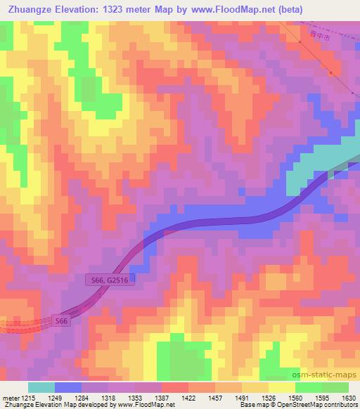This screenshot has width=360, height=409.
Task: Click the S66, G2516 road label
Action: [108, 280]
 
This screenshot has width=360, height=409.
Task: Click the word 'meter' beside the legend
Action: [9, 398]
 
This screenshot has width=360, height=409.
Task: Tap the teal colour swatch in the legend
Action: [41, 387]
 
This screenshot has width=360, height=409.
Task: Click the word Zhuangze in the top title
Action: [28, 9]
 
